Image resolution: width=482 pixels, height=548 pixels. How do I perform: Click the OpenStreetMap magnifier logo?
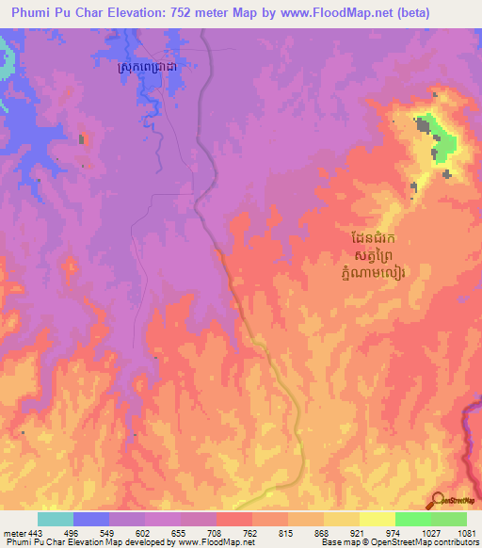(438, 501)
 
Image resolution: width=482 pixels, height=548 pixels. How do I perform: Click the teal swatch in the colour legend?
(55, 520)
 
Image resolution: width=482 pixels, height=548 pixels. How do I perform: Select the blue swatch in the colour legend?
(90, 520)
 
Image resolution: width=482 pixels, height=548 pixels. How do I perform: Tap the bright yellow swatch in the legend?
(377, 520)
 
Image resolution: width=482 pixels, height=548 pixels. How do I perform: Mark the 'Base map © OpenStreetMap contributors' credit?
(399, 543)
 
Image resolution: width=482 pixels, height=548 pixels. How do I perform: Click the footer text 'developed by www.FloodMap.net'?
(197, 543)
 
